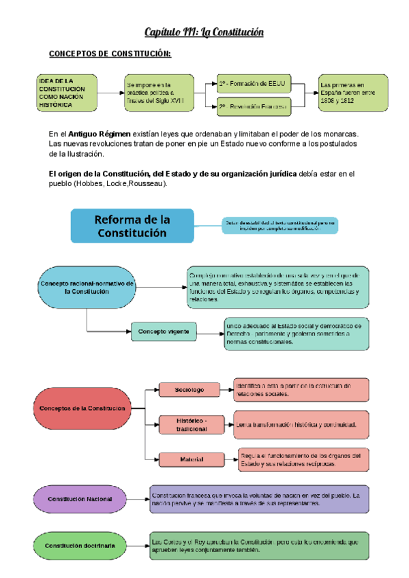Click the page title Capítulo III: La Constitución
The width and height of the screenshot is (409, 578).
(204, 32)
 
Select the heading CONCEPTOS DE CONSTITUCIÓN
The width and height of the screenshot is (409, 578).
(110, 54)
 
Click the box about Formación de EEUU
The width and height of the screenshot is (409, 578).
(254, 83)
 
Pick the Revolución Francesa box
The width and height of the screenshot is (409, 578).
(254, 106)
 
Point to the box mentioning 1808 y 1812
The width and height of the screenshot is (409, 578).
(353, 93)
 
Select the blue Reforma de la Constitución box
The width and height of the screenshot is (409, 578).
(132, 226)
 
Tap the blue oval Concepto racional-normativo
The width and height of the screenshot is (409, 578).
(87, 287)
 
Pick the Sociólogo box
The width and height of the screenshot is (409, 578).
(189, 390)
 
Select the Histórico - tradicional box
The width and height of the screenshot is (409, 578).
(191, 424)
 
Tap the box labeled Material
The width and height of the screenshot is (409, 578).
(192, 459)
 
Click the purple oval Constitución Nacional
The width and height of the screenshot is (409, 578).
(80, 499)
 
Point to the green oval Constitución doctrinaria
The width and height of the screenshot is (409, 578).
(80, 545)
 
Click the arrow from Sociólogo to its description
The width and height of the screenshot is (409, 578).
(226, 390)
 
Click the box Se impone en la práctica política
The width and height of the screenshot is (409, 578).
(160, 93)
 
